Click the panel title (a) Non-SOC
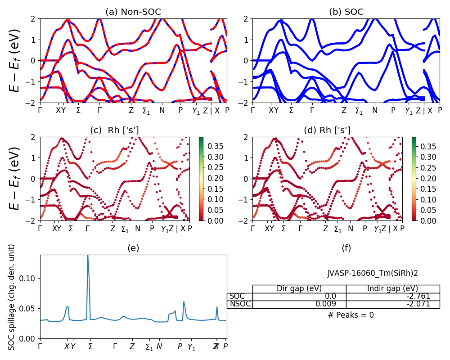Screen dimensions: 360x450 pyautogui.click(x=133, y=12)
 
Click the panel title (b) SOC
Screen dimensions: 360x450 pyautogui.click(x=346, y=12)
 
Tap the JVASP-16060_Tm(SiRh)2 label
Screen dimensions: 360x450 pyautogui.click(x=373, y=273)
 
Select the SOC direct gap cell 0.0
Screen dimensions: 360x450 pyautogui.click(x=299, y=297)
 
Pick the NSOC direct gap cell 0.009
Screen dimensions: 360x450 pyautogui.click(x=299, y=304)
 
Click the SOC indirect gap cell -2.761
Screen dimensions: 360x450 pyautogui.click(x=393, y=297)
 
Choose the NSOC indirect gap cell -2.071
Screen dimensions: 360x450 pyautogui.click(x=393, y=304)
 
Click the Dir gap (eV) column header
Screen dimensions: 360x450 pyautogui.click(x=299, y=289)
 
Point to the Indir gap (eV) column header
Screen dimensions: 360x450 pyautogui.click(x=393, y=289)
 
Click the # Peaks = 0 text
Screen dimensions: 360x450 pyautogui.click(x=351, y=315)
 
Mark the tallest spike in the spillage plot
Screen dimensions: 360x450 pyautogui.click(x=88, y=256)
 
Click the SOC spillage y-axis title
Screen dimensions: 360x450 pyautogui.click(x=12, y=297)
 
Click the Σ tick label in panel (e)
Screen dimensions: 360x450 pyautogui.click(x=90, y=346)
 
